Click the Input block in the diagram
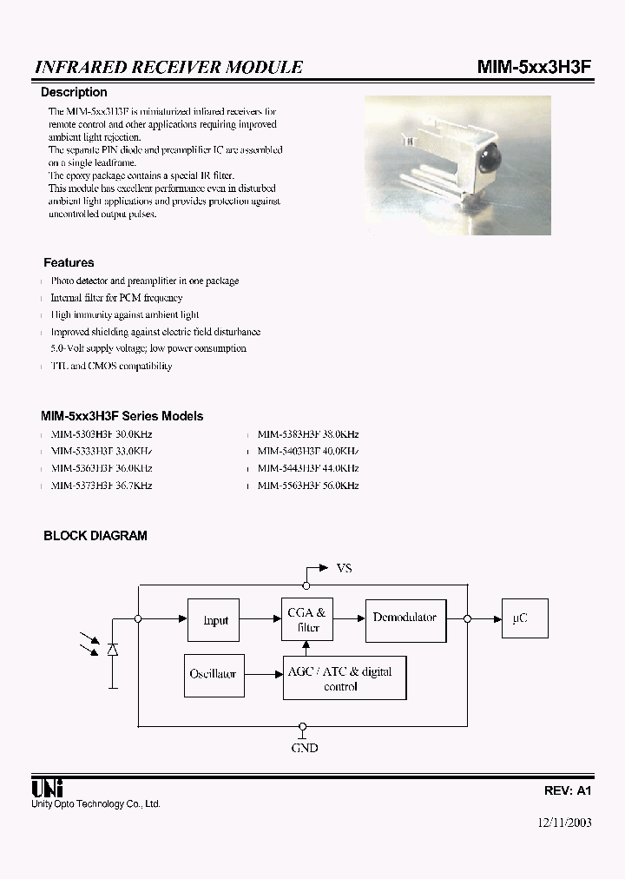[x=214, y=620]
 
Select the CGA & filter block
[x=306, y=620]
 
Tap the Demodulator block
[x=405, y=618]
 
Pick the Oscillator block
[x=213, y=674]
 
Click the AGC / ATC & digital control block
[x=345, y=678]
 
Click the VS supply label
[x=344, y=568]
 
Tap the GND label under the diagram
[x=304, y=748]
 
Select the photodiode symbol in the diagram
[x=113, y=651]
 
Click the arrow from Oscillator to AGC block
[x=262, y=674]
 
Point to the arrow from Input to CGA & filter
[x=261, y=618]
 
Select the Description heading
[x=75, y=92]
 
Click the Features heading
[x=69, y=262]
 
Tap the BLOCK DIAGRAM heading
[x=95, y=536]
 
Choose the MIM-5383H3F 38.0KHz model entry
[x=308, y=433]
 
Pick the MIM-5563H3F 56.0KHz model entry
[x=308, y=486]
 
